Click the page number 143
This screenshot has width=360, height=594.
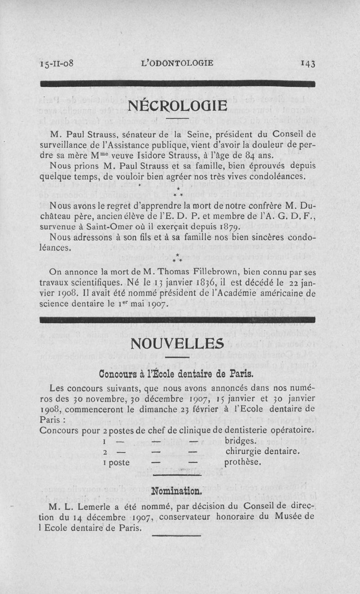[309, 63]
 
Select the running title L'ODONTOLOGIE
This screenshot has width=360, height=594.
[177, 63]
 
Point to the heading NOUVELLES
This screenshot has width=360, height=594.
[176, 344]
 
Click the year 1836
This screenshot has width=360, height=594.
[194, 284]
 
